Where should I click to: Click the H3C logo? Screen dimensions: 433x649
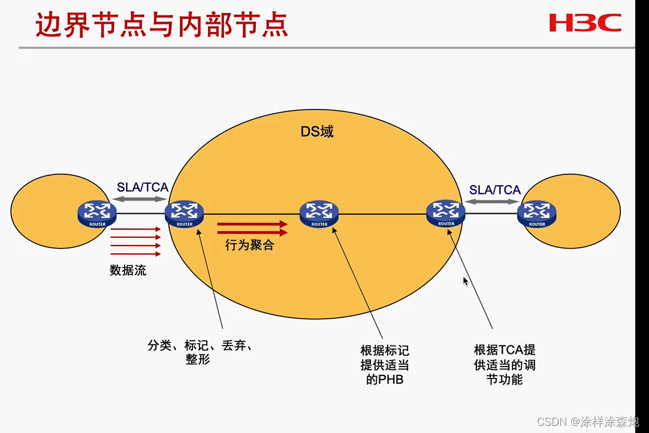585,23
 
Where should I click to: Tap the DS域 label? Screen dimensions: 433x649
317,131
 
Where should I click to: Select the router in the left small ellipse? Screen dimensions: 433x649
97,213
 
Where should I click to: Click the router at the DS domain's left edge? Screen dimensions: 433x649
184,213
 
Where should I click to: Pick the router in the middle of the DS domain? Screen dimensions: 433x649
319,213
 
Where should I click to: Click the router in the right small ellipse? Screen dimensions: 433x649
537,213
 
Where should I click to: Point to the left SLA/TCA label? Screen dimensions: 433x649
142,187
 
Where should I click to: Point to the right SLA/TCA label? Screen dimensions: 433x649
495,190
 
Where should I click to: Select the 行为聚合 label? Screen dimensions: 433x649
249,245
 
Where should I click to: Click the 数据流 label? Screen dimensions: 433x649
128,270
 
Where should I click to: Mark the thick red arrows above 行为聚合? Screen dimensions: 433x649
252,228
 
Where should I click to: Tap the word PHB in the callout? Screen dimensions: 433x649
391,379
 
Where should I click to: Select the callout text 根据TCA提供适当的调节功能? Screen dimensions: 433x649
505,364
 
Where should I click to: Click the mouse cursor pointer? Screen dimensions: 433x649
466,281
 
